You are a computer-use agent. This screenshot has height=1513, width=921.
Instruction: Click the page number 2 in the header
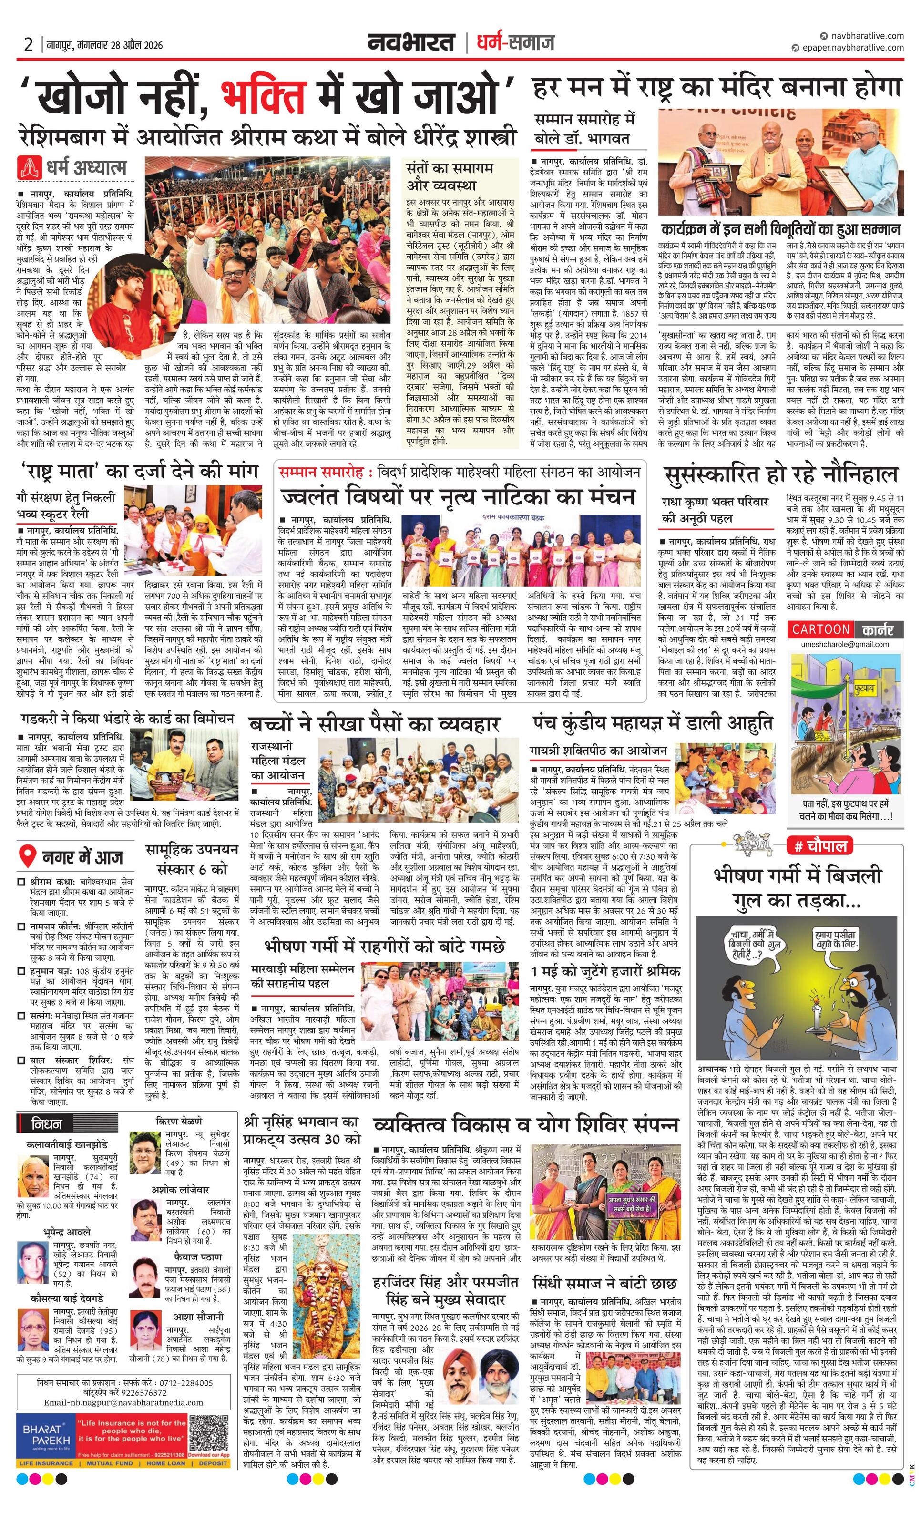click(x=28, y=45)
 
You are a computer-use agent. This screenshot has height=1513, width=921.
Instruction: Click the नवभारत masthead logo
click(x=411, y=43)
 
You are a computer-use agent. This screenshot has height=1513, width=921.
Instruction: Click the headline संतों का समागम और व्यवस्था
click(x=450, y=175)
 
